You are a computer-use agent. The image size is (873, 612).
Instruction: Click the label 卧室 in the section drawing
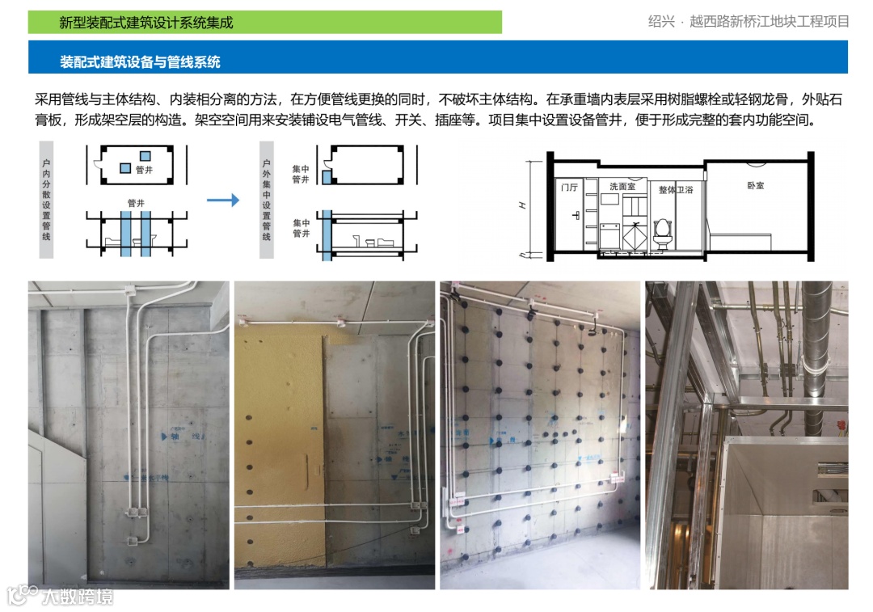[755, 185]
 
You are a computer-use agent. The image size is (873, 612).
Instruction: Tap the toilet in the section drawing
[663, 232]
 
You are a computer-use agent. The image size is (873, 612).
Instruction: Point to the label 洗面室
[622, 186]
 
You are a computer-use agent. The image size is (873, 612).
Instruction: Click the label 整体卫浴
[677, 189]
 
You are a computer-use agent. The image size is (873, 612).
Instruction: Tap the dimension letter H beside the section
[522, 206]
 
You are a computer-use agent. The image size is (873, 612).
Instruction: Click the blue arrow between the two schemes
[223, 200]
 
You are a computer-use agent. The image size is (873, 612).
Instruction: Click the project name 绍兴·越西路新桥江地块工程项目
[748, 22]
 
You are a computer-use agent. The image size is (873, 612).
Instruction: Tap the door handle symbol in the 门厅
[575, 216]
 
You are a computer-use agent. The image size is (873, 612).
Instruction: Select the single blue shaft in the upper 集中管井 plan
[325, 175]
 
